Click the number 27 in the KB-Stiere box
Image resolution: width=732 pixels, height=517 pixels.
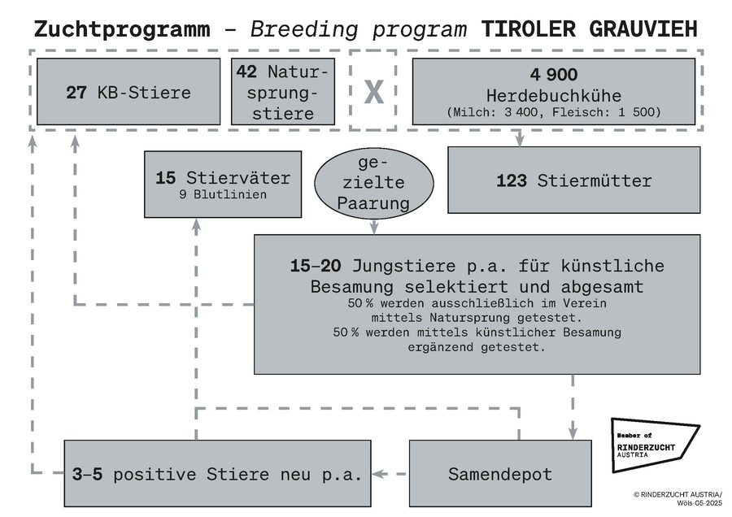76,93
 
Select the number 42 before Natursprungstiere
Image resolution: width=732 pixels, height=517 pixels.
246,72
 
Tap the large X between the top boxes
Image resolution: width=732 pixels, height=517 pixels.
373,92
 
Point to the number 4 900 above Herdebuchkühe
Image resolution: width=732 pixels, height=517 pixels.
554,74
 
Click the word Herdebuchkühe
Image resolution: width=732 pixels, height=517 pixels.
554,96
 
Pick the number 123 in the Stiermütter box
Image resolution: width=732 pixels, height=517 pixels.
512,180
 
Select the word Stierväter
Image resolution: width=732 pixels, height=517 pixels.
238,178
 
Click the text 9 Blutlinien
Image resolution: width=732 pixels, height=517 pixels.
223,194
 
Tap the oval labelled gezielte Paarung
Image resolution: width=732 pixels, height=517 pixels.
373,184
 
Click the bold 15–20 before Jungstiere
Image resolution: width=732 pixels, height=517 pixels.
316,266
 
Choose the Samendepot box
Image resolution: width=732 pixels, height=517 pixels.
500,473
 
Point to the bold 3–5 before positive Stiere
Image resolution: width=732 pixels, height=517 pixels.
87,474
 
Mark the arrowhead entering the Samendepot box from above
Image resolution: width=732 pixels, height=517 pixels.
573,432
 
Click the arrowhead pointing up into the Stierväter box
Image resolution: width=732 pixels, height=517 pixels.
196,225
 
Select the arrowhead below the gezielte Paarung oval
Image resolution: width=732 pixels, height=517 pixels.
373,228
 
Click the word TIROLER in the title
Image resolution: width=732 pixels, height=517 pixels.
529,29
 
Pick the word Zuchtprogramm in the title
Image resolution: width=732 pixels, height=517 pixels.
122,30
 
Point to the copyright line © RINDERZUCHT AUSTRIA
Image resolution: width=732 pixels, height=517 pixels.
678,494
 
